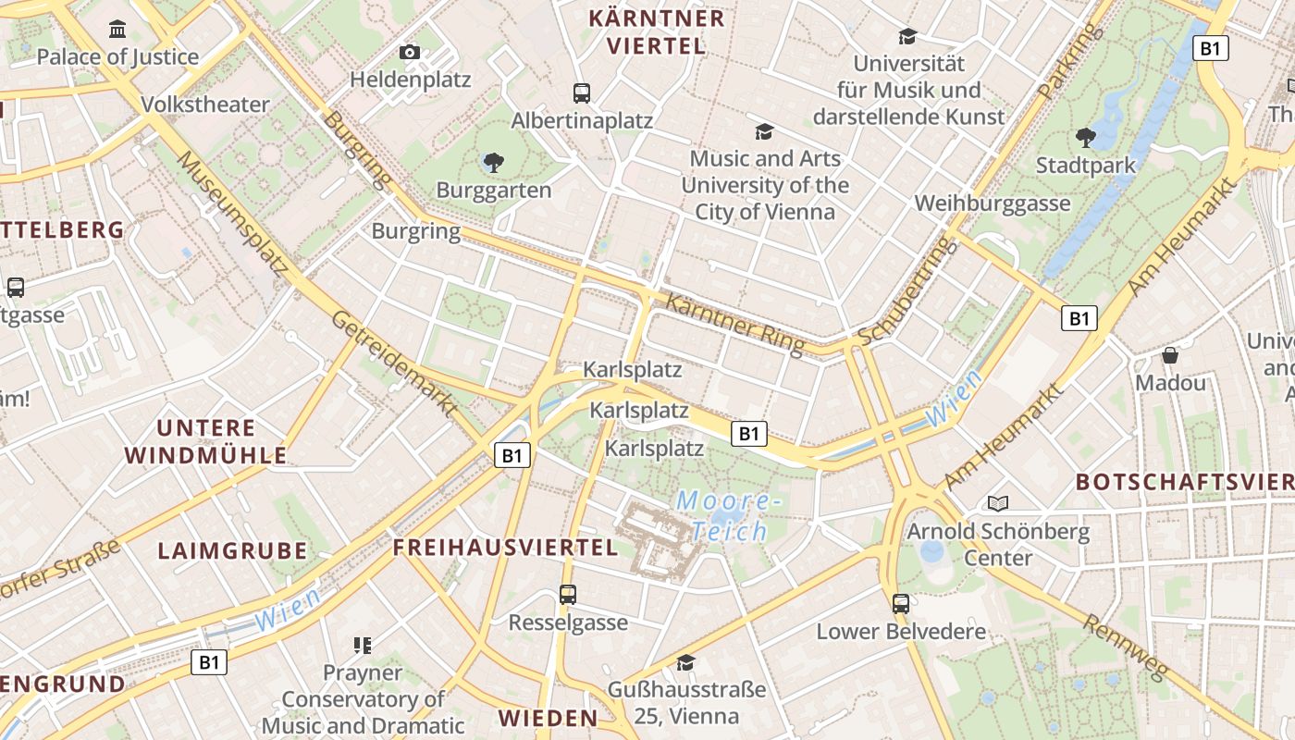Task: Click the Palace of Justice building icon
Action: coord(117,30)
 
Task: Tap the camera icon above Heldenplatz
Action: coord(410,53)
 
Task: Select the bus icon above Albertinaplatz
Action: coord(582,92)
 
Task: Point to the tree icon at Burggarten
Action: coord(494,164)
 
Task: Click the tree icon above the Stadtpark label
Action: coord(1086,138)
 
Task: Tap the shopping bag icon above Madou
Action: coord(1170,355)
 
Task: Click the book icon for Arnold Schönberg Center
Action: coord(998,503)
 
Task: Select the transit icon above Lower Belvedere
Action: coord(901,604)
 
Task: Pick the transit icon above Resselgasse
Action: coord(568,594)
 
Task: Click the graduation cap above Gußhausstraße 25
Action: coord(685,662)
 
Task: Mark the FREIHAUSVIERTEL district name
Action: coord(505,547)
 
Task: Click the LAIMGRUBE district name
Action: coord(232,550)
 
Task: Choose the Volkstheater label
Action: coord(205,105)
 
